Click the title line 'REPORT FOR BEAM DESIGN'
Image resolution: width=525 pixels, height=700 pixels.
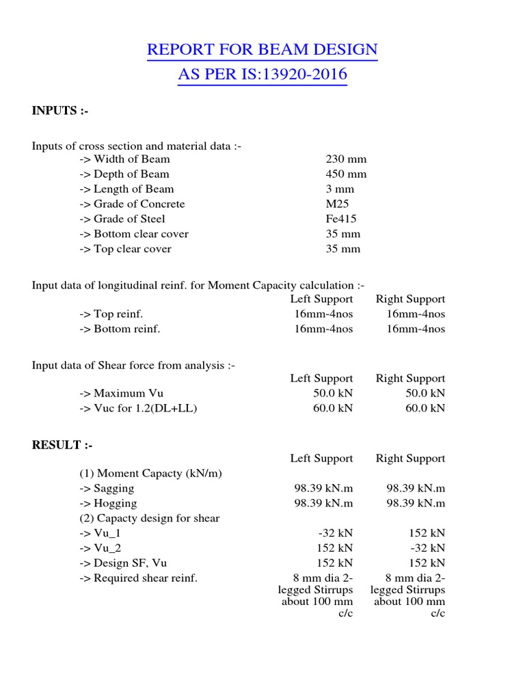pyautogui.click(x=262, y=50)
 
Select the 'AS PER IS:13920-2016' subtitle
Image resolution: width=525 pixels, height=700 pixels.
pyautogui.click(x=262, y=75)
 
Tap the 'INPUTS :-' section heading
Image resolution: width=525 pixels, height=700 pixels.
pyautogui.click(x=60, y=111)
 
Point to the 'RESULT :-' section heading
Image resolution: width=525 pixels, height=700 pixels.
pyautogui.click(x=62, y=445)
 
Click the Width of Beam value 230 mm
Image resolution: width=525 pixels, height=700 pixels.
pyautogui.click(x=346, y=159)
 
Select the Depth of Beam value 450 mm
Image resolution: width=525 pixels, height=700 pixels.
pyautogui.click(x=346, y=174)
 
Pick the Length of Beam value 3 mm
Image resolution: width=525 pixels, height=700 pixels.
pyautogui.click(x=340, y=189)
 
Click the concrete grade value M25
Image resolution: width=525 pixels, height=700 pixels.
pyautogui.click(x=338, y=204)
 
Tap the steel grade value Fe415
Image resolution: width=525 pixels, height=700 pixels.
pyautogui.click(x=341, y=219)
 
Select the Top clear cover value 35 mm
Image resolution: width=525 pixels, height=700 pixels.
pyautogui.click(x=343, y=250)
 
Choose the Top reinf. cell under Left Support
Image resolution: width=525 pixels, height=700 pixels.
pyautogui.click(x=321, y=314)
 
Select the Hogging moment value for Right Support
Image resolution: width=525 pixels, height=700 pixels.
pyautogui.click(x=416, y=504)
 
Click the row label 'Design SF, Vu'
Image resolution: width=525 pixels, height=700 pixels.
pyautogui.click(x=123, y=563)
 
